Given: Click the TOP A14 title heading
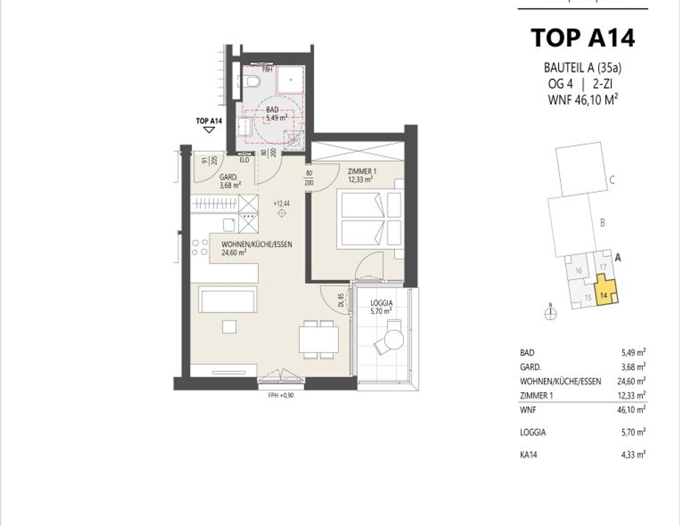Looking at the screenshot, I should point(583,38).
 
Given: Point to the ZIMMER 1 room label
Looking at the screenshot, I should point(362,176).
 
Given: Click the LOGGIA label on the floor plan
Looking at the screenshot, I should point(381,307).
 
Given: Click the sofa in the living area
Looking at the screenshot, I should point(228,299).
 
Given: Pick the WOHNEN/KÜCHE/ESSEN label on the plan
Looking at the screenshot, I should point(256,248).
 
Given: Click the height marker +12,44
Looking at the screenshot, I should point(281,203).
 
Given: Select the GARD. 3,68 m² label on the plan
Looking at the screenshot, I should point(230,181).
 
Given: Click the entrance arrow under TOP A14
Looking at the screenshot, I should point(209,130).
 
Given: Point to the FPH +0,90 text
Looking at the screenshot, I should point(281,395).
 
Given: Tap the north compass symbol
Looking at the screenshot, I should point(550,313).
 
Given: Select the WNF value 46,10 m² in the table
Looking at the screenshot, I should point(633,410).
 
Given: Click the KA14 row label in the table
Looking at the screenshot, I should point(529,455).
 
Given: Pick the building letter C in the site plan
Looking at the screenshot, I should point(612,180).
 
